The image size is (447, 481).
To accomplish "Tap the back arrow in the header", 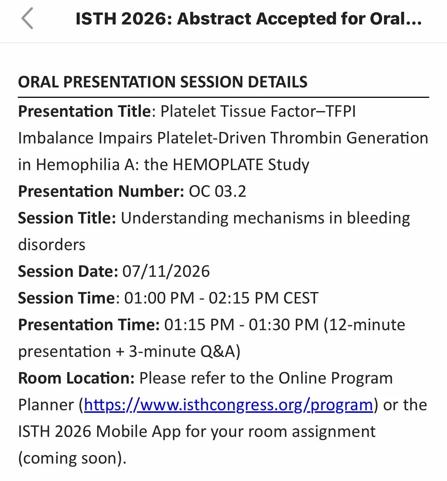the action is [x=27, y=18].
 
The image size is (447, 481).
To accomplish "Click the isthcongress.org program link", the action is [x=228, y=405].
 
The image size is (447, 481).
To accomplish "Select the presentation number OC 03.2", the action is [x=217, y=191].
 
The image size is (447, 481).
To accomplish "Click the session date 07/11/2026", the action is [x=166, y=271].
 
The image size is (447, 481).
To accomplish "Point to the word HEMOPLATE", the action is [x=218, y=165].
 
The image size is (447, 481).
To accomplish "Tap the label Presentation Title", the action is [x=85, y=112].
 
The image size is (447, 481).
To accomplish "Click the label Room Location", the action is [x=76, y=378].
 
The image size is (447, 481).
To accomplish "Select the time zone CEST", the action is [x=301, y=298].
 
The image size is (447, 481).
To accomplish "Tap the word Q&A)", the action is [x=220, y=352].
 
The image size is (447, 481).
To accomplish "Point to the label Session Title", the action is [x=67, y=218].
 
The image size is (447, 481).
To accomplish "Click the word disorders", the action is [x=52, y=245].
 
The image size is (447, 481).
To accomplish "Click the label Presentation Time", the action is [x=89, y=325].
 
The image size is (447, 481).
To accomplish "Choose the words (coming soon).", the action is [x=72, y=458].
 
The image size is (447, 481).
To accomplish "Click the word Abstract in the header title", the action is [x=214, y=19].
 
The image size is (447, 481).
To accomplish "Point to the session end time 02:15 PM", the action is [x=244, y=298].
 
